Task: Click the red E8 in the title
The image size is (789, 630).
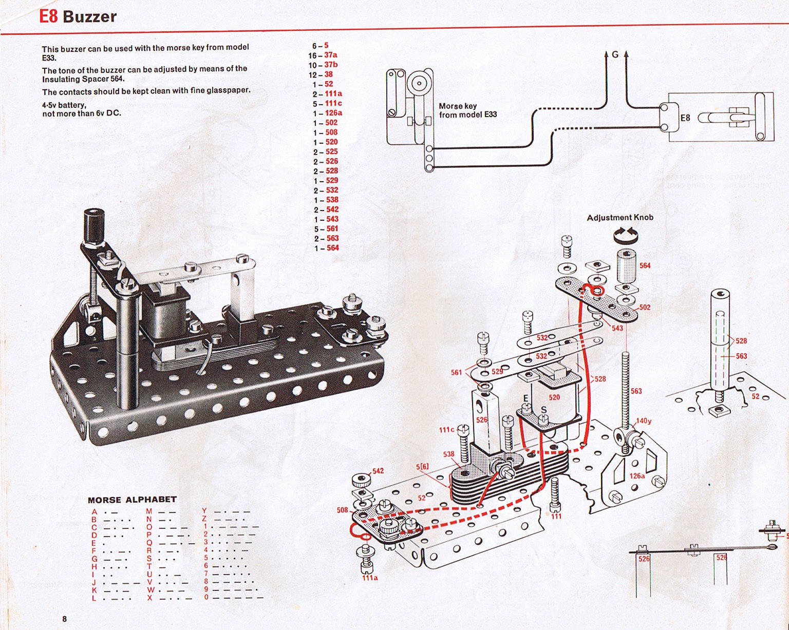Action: tap(48, 16)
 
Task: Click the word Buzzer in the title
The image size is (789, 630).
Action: tap(90, 17)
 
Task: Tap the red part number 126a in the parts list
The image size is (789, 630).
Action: tap(333, 113)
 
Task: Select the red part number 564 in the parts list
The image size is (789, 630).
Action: tap(333, 248)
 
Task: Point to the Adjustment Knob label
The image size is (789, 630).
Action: tap(620, 218)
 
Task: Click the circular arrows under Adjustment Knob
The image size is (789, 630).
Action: tap(625, 236)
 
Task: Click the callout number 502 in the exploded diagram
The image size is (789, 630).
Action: tap(645, 308)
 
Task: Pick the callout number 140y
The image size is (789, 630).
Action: tap(644, 421)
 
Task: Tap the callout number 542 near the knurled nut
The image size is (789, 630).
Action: tap(378, 471)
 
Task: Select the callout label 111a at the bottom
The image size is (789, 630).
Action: tap(370, 578)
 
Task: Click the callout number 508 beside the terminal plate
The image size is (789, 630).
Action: tap(343, 510)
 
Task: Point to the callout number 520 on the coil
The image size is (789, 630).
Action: tap(554, 397)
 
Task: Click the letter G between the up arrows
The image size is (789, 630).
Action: tap(615, 54)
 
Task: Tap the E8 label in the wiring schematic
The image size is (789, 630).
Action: tap(685, 118)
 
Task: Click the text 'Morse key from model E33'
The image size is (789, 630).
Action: tap(467, 110)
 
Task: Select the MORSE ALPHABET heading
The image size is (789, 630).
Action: tap(132, 500)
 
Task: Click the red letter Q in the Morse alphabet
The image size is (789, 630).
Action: tap(149, 543)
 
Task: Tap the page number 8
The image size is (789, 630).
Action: tap(64, 619)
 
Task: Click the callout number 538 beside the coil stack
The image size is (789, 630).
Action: tap(448, 454)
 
